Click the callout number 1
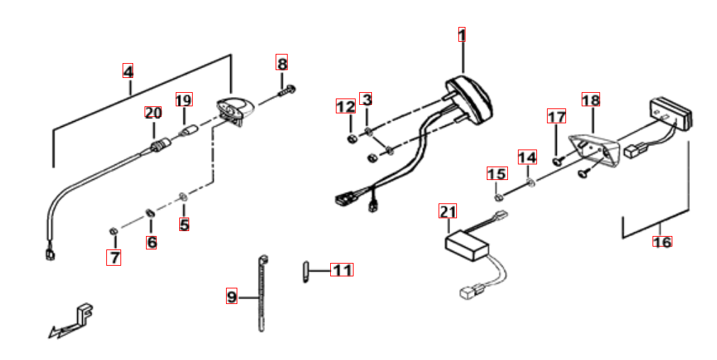(x=462, y=35)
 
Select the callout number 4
(x=128, y=72)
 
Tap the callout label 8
(x=282, y=62)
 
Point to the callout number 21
(x=448, y=211)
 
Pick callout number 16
(x=662, y=242)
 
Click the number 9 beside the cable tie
(x=232, y=296)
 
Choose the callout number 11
(x=343, y=270)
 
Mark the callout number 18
(x=590, y=100)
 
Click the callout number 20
(x=153, y=113)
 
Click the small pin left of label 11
(x=305, y=271)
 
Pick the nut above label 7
(x=113, y=231)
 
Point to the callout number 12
(x=345, y=107)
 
